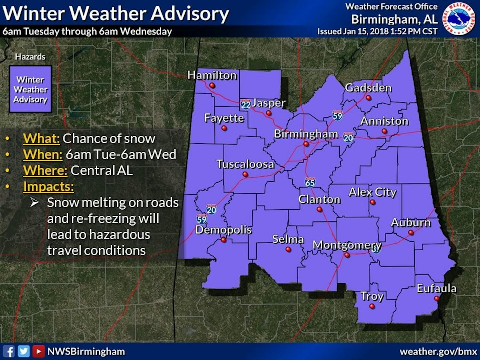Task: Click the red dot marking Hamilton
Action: (x=212, y=85)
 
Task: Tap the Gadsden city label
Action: (x=368, y=88)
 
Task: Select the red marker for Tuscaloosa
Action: (x=245, y=174)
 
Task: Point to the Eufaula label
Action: (x=436, y=288)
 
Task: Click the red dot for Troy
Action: (x=372, y=306)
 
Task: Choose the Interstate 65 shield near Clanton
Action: (x=310, y=182)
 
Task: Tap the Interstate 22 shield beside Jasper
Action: (x=245, y=104)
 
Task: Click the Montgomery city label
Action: (x=347, y=245)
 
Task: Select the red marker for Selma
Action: (x=288, y=249)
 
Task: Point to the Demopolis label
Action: (x=223, y=229)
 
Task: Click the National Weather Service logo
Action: (x=459, y=18)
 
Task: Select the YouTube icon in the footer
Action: (x=38, y=351)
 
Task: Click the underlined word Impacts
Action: (x=48, y=187)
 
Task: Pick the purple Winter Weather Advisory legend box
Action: (x=30, y=89)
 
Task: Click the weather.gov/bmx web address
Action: (x=438, y=351)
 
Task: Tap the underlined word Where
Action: (x=45, y=171)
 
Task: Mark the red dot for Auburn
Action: (x=411, y=233)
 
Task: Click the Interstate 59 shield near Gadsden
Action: (x=337, y=115)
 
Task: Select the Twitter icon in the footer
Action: (x=24, y=351)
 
